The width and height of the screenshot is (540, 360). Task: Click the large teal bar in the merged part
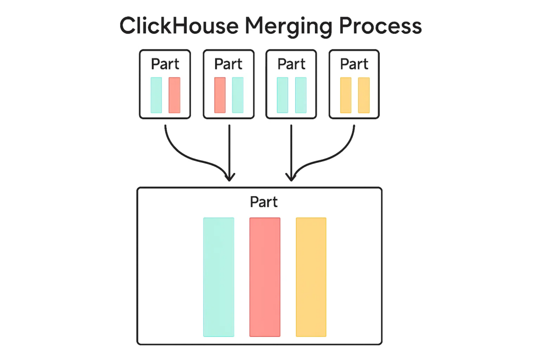pyautogui.click(x=218, y=277)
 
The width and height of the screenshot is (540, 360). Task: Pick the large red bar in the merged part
pyautogui.click(x=265, y=277)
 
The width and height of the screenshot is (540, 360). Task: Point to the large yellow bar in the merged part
pyautogui.click(x=311, y=277)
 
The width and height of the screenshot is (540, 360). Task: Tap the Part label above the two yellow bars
pyautogui.click(x=354, y=64)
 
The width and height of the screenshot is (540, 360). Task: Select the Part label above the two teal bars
pyautogui.click(x=291, y=64)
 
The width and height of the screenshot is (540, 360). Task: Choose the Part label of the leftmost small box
pyautogui.click(x=165, y=64)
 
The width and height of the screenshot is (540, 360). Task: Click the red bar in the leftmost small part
pyautogui.click(x=174, y=95)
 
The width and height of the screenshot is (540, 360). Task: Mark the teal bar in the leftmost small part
pyautogui.click(x=156, y=95)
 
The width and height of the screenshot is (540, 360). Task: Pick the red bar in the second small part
pyautogui.click(x=220, y=95)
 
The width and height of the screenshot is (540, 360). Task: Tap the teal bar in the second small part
pyautogui.click(x=238, y=95)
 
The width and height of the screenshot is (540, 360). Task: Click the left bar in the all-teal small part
pyautogui.click(x=283, y=95)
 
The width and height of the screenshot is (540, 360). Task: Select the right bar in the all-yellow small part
pyautogui.click(x=364, y=95)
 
